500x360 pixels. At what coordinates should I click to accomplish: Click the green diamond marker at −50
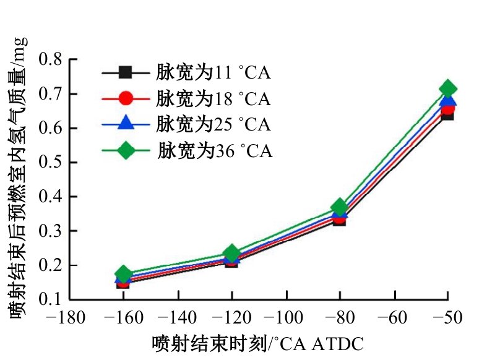pos(447,88)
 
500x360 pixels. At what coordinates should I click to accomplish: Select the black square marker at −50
pos(447,114)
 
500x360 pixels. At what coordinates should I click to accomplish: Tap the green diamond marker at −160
pos(123,273)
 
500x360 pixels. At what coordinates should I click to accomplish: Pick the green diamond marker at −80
pos(339,207)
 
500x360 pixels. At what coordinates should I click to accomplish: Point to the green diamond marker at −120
pos(231,253)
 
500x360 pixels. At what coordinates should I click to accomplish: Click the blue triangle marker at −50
pos(447,100)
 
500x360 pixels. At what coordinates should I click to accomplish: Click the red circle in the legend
pos(126,98)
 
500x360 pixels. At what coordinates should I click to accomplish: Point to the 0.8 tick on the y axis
pos(52,60)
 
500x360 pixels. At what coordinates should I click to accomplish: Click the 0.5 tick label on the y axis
pos(52,163)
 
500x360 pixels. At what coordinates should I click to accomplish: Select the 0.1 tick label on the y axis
pos(52,299)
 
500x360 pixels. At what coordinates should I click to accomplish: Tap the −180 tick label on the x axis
pos(69,318)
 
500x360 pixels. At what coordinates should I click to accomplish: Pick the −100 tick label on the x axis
pos(285,318)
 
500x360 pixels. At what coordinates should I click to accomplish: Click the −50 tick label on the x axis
pos(447,318)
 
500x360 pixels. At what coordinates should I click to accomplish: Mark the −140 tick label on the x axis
pos(177,318)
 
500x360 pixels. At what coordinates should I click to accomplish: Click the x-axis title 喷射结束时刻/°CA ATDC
pos(257,342)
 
